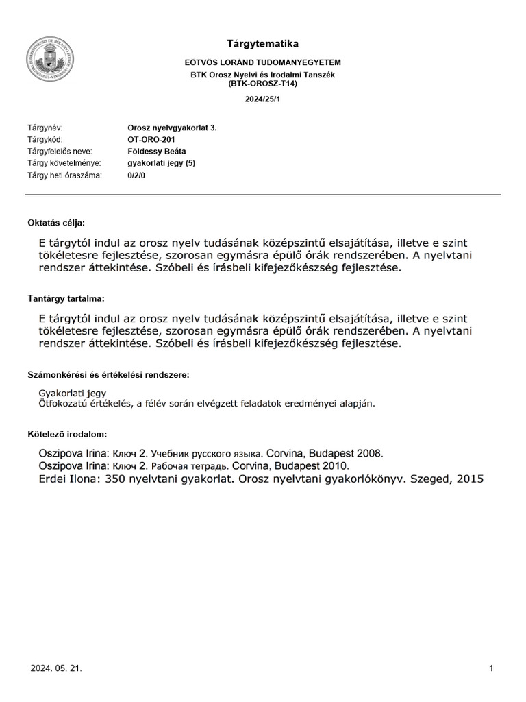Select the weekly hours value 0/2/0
[x=137, y=175]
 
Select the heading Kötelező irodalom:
[x=66, y=435]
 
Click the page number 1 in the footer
[x=492, y=668]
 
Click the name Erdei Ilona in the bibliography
[x=68, y=480]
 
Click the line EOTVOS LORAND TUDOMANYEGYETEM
[x=263, y=62]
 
